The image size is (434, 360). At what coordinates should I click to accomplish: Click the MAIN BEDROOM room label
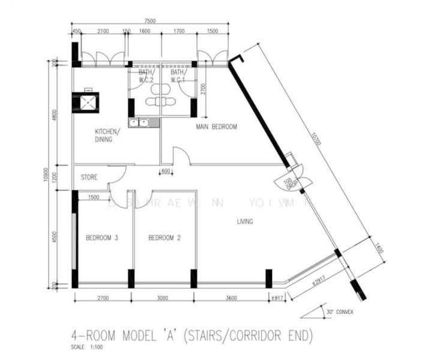tap(217, 127)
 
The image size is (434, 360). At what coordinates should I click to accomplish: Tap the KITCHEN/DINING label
tap(107, 136)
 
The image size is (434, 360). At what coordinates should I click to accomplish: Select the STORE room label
tap(89, 178)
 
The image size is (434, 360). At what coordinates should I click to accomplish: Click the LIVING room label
tap(244, 222)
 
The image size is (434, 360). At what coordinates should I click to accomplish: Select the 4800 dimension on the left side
tap(55, 115)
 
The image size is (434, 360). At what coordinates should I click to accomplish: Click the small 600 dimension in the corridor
tap(166, 171)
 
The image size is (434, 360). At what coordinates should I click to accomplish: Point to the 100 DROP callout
tap(291, 183)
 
